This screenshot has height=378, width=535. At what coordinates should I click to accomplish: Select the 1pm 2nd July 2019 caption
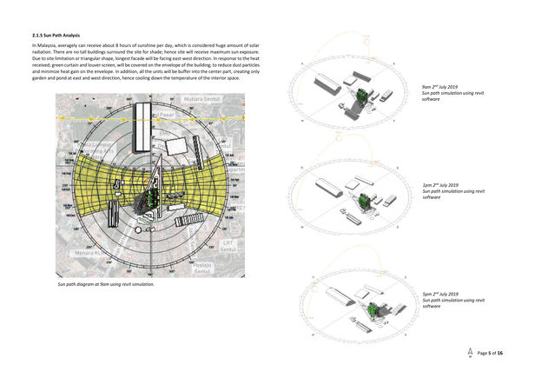pyautogui.click(x=440, y=185)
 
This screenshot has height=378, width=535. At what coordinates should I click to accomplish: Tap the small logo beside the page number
pyautogui.click(x=470, y=352)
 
